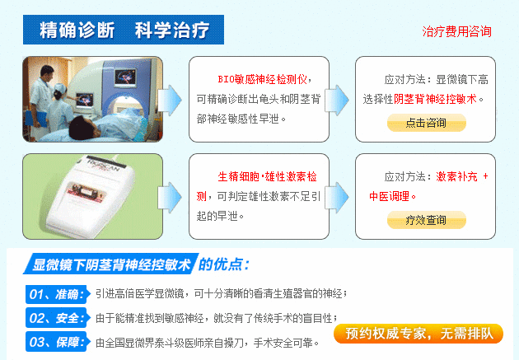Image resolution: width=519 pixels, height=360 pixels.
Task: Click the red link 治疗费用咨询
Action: [x=456, y=32]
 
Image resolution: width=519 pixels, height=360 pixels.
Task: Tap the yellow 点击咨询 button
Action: [x=427, y=123]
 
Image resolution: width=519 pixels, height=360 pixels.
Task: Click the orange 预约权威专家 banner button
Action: [x=418, y=334]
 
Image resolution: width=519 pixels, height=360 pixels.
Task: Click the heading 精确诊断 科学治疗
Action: [x=124, y=30]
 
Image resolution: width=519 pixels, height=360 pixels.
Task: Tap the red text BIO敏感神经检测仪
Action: [x=262, y=79]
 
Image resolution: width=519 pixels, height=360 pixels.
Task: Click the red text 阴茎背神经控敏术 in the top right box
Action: [x=435, y=99]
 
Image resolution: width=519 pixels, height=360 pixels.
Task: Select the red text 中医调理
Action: [x=389, y=196]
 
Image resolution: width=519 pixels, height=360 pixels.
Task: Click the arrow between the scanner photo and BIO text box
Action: [x=170, y=101]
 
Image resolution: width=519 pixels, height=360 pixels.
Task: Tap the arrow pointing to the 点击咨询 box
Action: [x=337, y=101]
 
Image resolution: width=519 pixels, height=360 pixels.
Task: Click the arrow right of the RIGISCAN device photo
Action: [x=170, y=197]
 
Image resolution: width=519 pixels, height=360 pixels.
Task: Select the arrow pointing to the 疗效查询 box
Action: [x=337, y=197]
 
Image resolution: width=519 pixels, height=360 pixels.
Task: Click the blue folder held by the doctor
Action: [x=39, y=119]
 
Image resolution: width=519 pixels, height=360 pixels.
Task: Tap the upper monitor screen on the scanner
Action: [x=125, y=78]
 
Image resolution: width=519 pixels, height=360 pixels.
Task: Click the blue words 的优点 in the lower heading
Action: [x=224, y=264]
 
